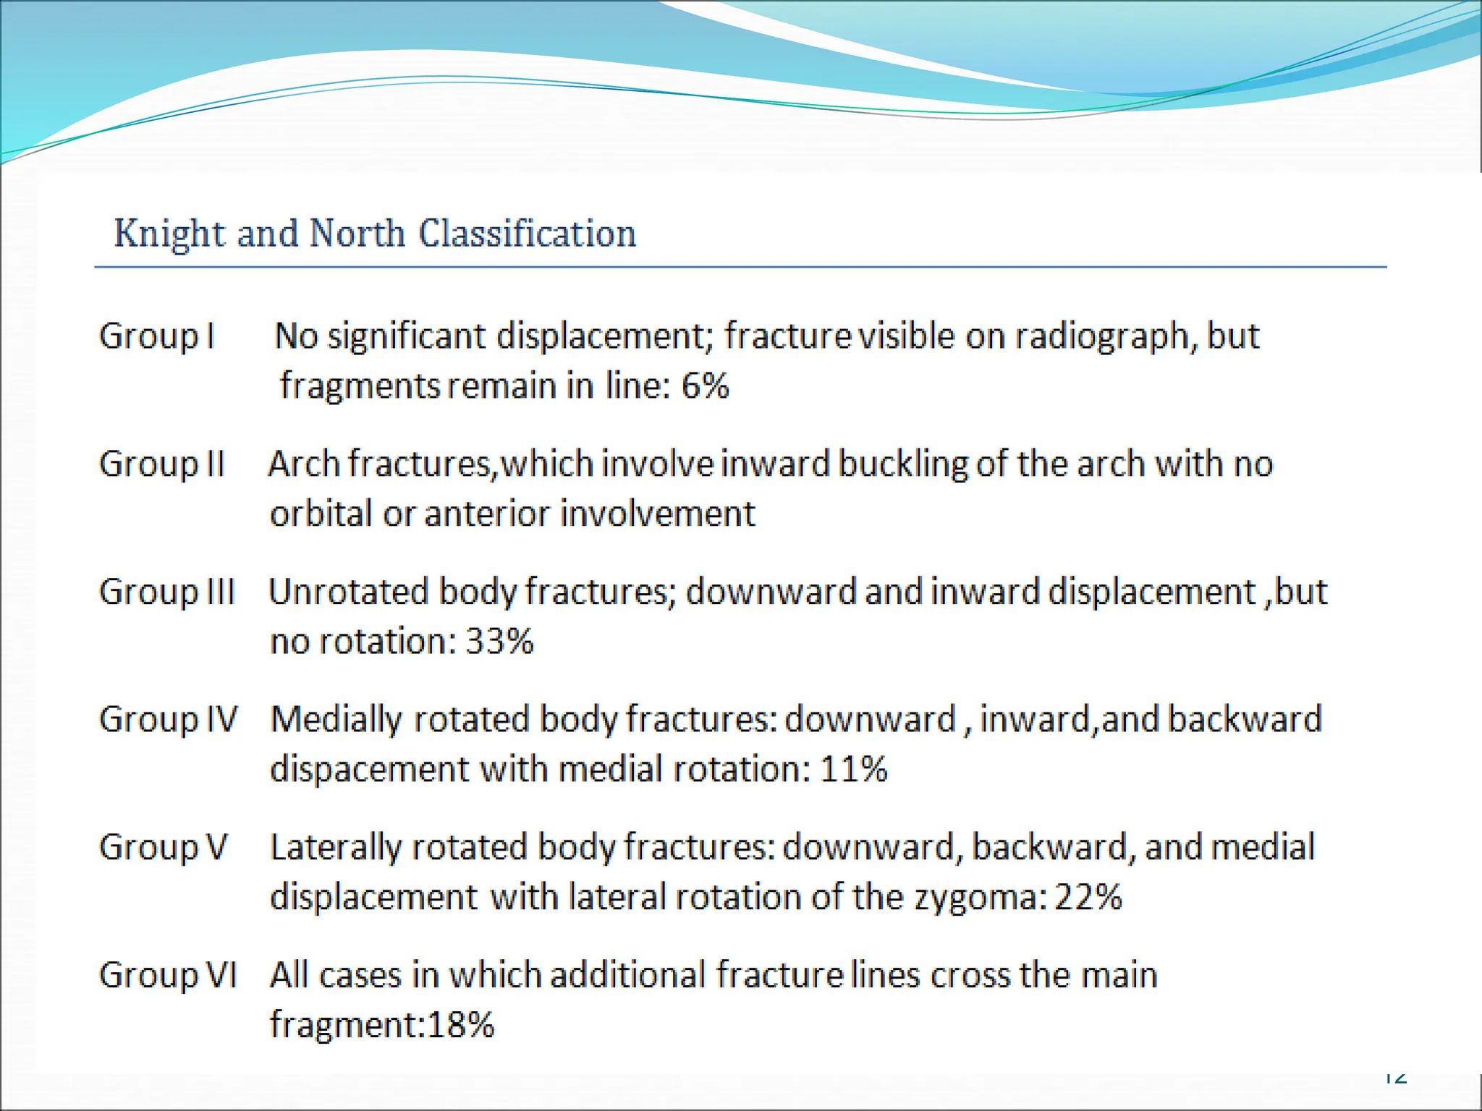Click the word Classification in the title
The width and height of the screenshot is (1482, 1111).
[528, 234]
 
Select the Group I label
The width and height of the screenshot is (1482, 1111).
[157, 336]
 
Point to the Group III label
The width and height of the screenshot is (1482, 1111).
[167, 592]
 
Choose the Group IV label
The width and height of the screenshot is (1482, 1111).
[168, 720]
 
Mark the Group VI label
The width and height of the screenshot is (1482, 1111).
[168, 975]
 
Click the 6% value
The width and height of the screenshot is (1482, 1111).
[705, 386]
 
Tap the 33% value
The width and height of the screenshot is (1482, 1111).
[499, 642]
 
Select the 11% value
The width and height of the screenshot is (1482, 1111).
[853, 769]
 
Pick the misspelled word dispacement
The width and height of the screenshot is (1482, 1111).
[369, 770]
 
